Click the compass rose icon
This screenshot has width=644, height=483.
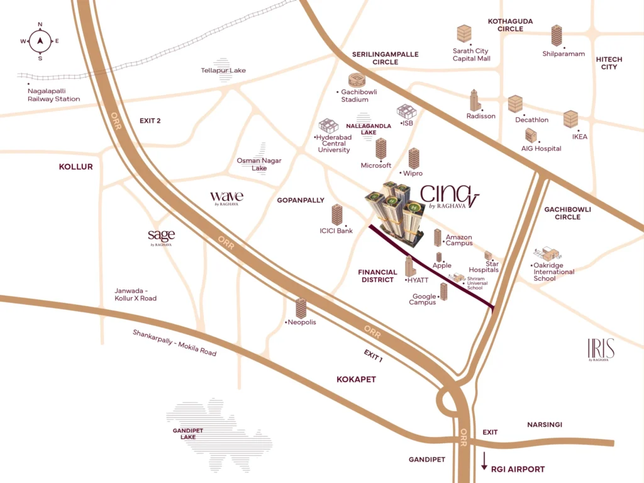[x=40, y=42]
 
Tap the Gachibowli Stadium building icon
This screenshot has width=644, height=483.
[x=357, y=81]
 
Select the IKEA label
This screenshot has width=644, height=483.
[x=579, y=137]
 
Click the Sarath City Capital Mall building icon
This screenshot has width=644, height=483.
[x=464, y=34]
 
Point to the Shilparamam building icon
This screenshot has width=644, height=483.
[x=557, y=36]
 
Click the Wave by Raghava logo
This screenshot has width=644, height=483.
[x=226, y=198]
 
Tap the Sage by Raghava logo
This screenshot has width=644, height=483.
[x=161, y=237]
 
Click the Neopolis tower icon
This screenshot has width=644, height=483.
[x=301, y=308]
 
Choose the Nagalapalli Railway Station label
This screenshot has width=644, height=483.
[x=54, y=95]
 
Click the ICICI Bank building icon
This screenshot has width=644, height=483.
[x=337, y=215]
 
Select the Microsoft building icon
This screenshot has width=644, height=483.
[x=381, y=149]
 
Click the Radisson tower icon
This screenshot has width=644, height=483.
[x=475, y=101]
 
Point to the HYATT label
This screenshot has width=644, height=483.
[x=418, y=280]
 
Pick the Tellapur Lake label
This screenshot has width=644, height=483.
[x=223, y=71]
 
